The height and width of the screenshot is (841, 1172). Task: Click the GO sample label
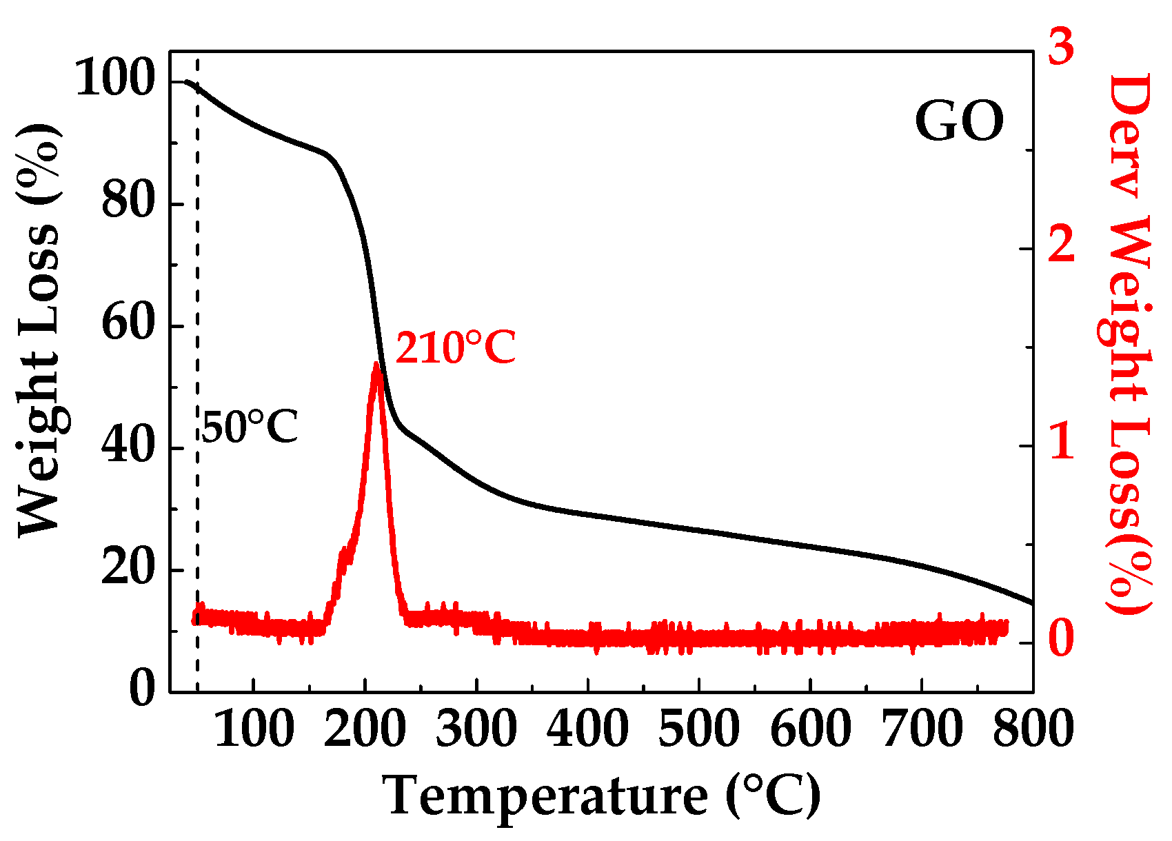tap(959, 122)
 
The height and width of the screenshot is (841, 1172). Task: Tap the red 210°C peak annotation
tap(455, 347)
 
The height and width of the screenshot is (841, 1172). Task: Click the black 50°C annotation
tap(250, 427)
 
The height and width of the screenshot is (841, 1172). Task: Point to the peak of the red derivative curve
tap(376, 365)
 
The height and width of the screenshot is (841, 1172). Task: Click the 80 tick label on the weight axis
tap(127, 203)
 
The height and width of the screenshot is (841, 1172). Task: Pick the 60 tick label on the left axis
tap(127, 325)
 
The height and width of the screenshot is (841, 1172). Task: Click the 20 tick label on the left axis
tap(127, 569)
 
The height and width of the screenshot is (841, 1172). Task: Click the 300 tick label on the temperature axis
tap(476, 729)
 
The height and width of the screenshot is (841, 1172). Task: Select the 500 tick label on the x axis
tap(699, 729)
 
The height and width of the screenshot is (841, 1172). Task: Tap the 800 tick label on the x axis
tap(1032, 729)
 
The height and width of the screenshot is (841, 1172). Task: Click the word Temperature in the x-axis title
tap(545, 797)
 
